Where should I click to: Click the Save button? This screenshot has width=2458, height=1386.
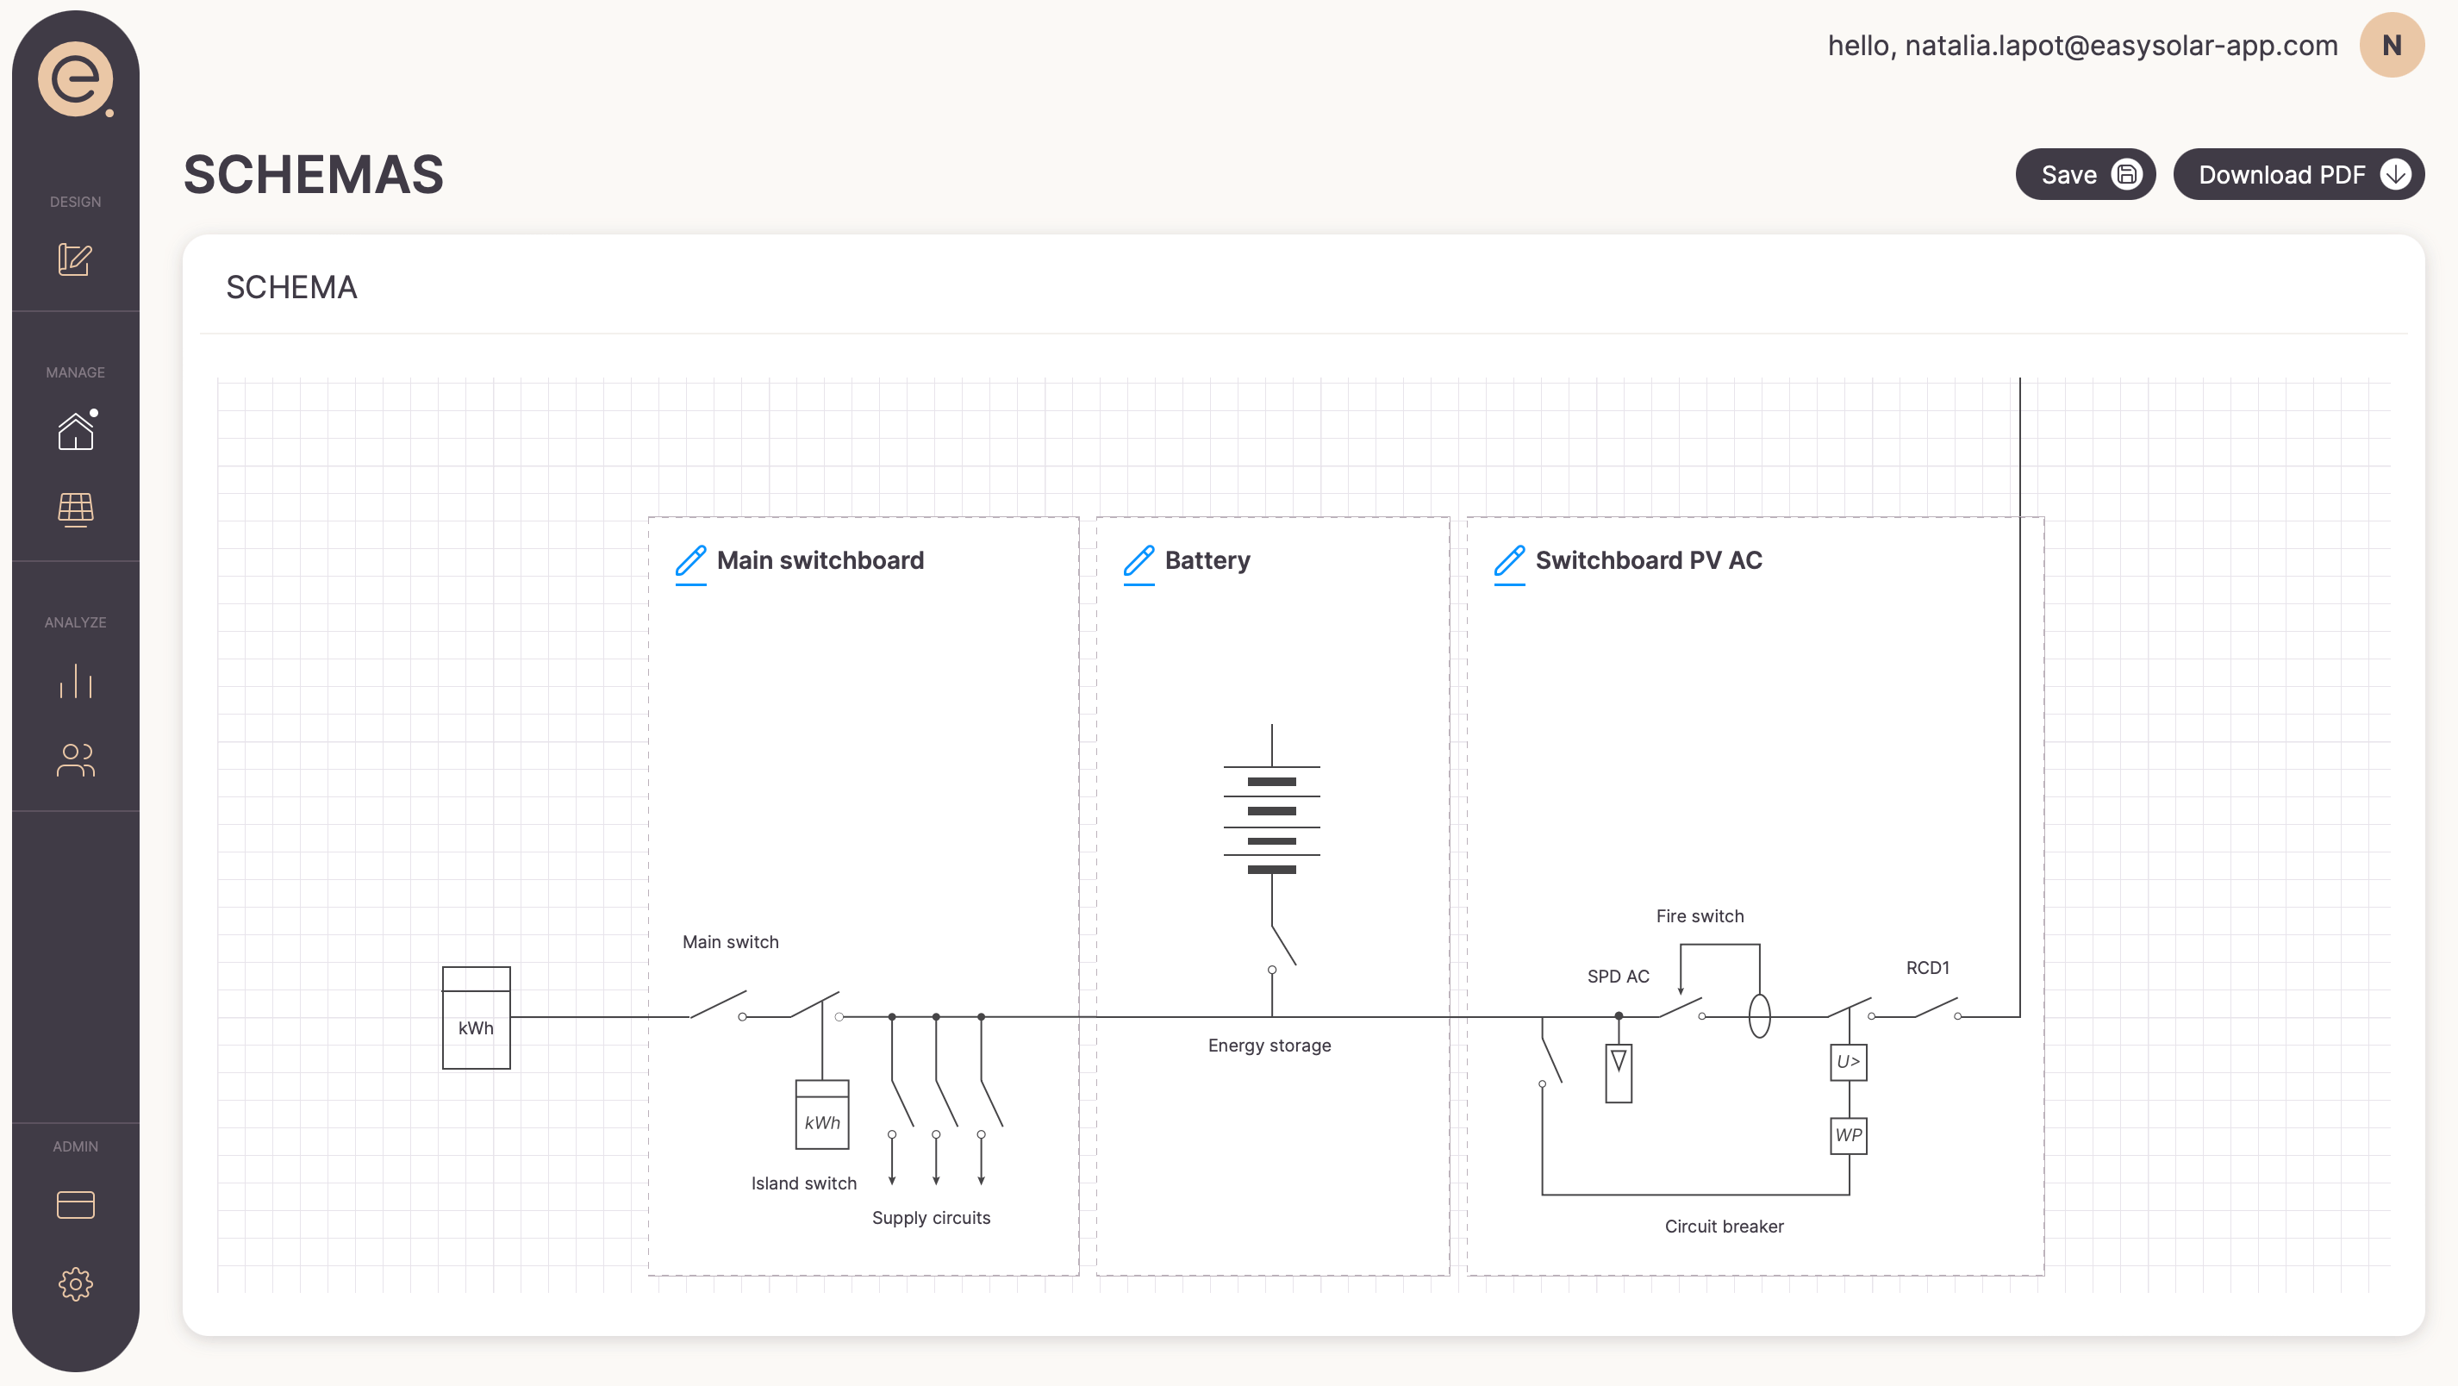tap(2084, 175)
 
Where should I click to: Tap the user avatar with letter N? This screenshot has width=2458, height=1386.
tap(2390, 45)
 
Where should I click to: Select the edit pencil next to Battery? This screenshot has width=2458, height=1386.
tap(1139, 561)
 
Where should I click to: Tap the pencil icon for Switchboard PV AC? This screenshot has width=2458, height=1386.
tap(1508, 561)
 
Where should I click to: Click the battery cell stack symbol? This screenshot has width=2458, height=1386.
tap(1271, 821)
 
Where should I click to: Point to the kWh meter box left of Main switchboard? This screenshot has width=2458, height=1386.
tap(476, 1018)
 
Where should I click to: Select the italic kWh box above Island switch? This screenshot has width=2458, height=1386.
tap(821, 1114)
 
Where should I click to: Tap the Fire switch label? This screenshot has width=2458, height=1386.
tap(1700, 916)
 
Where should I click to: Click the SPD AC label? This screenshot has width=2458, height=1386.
tap(1618, 977)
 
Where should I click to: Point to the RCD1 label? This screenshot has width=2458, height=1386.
tap(1926, 968)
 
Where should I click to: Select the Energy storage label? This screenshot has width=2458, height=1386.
tap(1269, 1046)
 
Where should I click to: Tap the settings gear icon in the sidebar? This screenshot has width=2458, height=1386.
tap(75, 1284)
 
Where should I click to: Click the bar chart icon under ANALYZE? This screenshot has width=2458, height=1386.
tap(75, 682)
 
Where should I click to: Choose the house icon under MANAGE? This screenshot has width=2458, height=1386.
tap(75, 432)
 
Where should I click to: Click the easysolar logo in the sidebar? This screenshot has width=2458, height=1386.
tap(75, 79)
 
